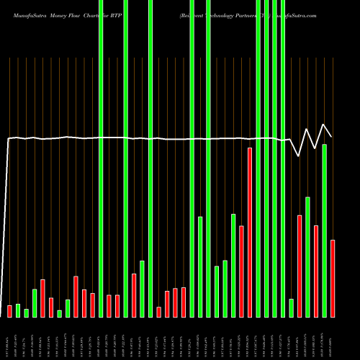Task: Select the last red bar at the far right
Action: tap(333, 278)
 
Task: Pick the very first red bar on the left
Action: tap(9, 311)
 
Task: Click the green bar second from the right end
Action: tap(324, 230)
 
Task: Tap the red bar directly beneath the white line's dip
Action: tap(300, 266)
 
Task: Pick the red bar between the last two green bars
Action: tap(316, 271)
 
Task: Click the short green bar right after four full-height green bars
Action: tap(292, 307)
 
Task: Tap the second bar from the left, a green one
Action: tap(18, 310)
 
